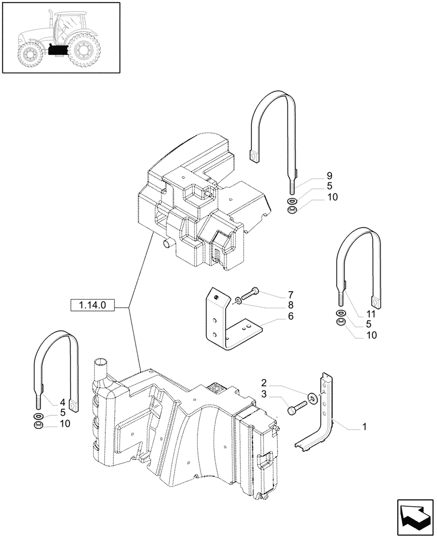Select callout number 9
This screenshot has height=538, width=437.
[x=329, y=176]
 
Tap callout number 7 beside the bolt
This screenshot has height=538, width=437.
[x=290, y=294]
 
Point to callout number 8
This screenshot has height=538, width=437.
[x=290, y=305]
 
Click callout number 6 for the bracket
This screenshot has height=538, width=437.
[x=290, y=316]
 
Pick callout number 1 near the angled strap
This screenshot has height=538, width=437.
[x=364, y=428]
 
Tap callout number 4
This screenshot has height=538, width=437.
[x=63, y=402]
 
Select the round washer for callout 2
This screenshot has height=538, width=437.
[x=312, y=398]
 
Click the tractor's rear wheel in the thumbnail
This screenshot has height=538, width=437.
[x=83, y=50]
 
